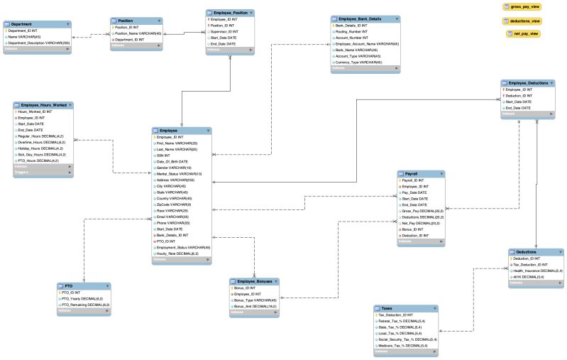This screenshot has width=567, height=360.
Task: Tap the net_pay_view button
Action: coord(523,33)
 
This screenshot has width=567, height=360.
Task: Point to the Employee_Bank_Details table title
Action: coord(360,18)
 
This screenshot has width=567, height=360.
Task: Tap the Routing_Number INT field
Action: coord(352,31)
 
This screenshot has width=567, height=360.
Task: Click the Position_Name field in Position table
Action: coord(138,33)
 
